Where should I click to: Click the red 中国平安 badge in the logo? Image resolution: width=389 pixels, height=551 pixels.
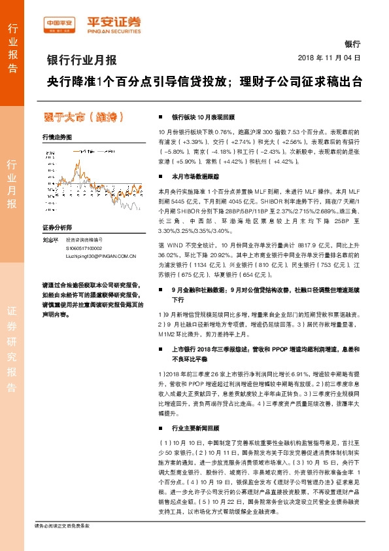click(x=60, y=22)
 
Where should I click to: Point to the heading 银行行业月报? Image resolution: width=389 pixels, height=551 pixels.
click(x=82, y=61)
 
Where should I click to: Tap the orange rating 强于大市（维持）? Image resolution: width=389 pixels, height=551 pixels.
click(x=82, y=117)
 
